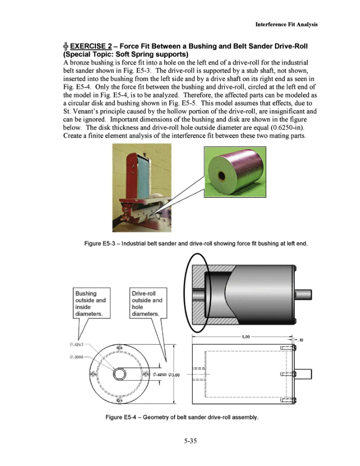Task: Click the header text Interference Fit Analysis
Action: pyautogui.click(x=286, y=24)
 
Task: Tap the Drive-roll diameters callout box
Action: pyautogui.click(x=147, y=303)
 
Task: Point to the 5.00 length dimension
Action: pyautogui.click(x=246, y=337)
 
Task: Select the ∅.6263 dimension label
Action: pyautogui.click(x=77, y=344)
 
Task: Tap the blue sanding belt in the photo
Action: pyautogui.click(x=135, y=168)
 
